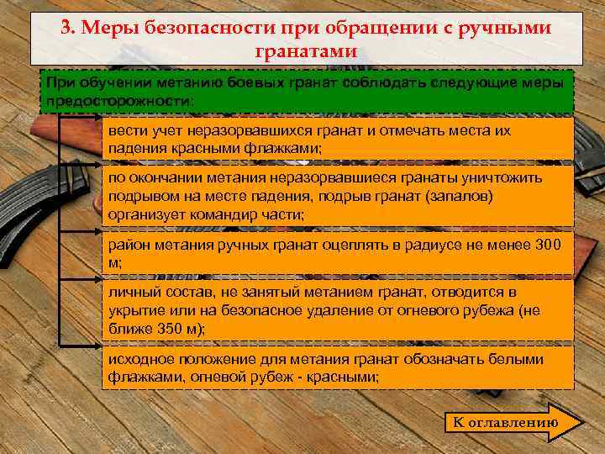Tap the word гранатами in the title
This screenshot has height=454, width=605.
tap(305, 51)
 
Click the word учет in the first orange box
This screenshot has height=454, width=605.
tap(156, 131)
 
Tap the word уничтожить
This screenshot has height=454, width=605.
tap(503, 178)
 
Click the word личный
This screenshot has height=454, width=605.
tap(130, 292)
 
